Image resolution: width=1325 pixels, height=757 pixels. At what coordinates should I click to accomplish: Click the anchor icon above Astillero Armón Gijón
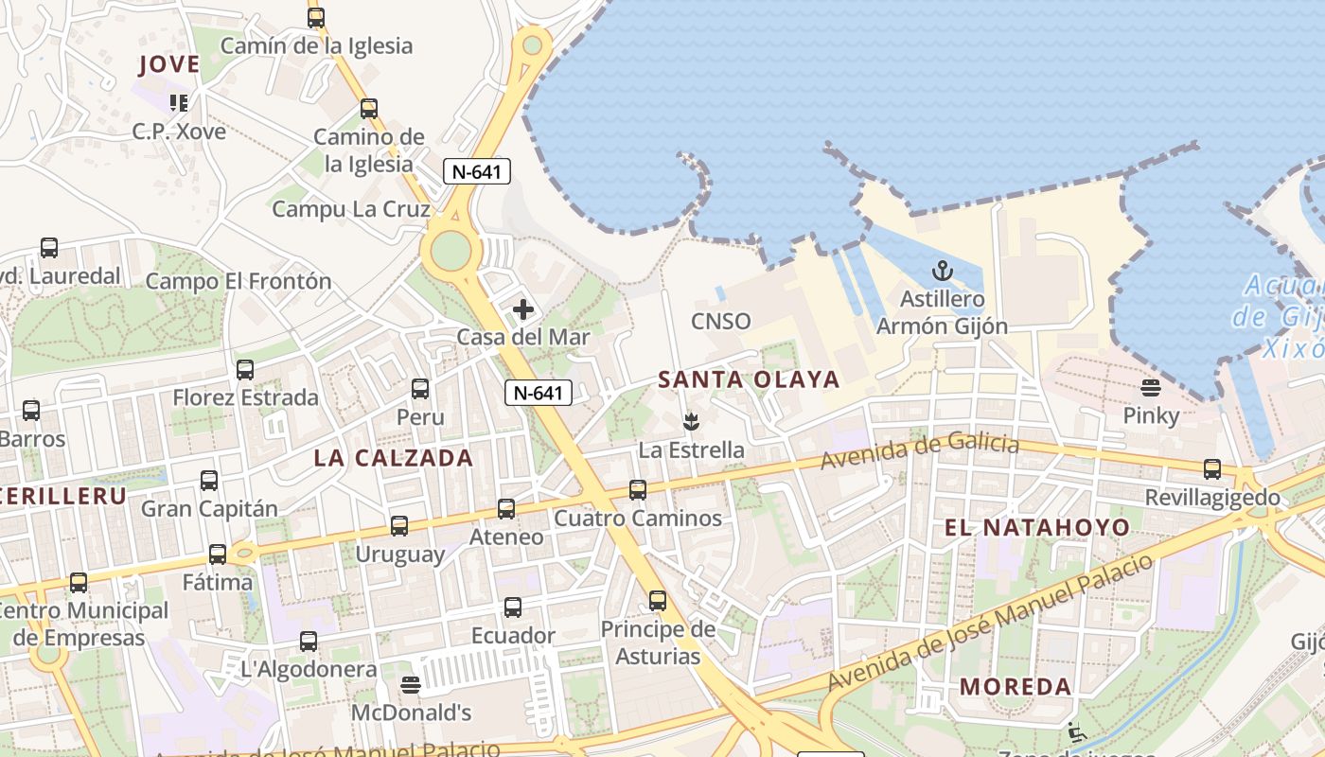pyautogui.click(x=943, y=272)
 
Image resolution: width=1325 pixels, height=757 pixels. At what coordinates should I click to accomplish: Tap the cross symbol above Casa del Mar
pyautogui.click(x=522, y=309)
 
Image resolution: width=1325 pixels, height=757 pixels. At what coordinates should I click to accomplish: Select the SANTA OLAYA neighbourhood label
pyautogui.click(x=749, y=379)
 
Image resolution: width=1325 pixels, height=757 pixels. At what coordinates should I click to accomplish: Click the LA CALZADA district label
pyautogui.click(x=393, y=458)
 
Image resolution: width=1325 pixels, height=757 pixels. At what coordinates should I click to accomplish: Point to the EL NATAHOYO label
pyautogui.click(x=1037, y=527)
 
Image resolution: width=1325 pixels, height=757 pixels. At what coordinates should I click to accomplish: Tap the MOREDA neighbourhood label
pyautogui.click(x=1016, y=687)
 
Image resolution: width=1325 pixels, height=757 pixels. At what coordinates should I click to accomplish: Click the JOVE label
pyautogui.click(x=169, y=64)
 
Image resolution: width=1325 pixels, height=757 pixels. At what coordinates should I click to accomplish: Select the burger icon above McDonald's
pyautogui.click(x=411, y=684)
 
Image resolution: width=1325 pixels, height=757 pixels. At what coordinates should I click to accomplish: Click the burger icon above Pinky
pyautogui.click(x=1151, y=387)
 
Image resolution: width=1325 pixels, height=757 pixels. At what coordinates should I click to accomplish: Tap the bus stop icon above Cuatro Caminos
pyautogui.click(x=638, y=489)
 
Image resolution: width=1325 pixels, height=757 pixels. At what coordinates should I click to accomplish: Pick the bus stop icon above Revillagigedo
pyautogui.click(x=1212, y=468)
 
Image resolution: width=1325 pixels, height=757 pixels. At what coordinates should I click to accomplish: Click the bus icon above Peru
pyautogui.click(x=420, y=388)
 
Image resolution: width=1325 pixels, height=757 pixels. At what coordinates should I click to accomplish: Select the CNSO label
pyautogui.click(x=721, y=322)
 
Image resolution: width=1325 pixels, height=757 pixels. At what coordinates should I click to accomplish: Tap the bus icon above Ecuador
pyautogui.click(x=513, y=607)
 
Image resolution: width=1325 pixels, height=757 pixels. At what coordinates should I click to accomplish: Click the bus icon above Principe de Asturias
pyautogui.click(x=658, y=600)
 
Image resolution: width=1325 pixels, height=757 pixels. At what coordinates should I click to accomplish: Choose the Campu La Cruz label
pyautogui.click(x=351, y=209)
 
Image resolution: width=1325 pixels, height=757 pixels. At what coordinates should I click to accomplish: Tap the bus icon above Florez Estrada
pyautogui.click(x=245, y=369)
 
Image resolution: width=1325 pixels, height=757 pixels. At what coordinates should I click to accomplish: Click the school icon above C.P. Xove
pyautogui.click(x=178, y=102)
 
